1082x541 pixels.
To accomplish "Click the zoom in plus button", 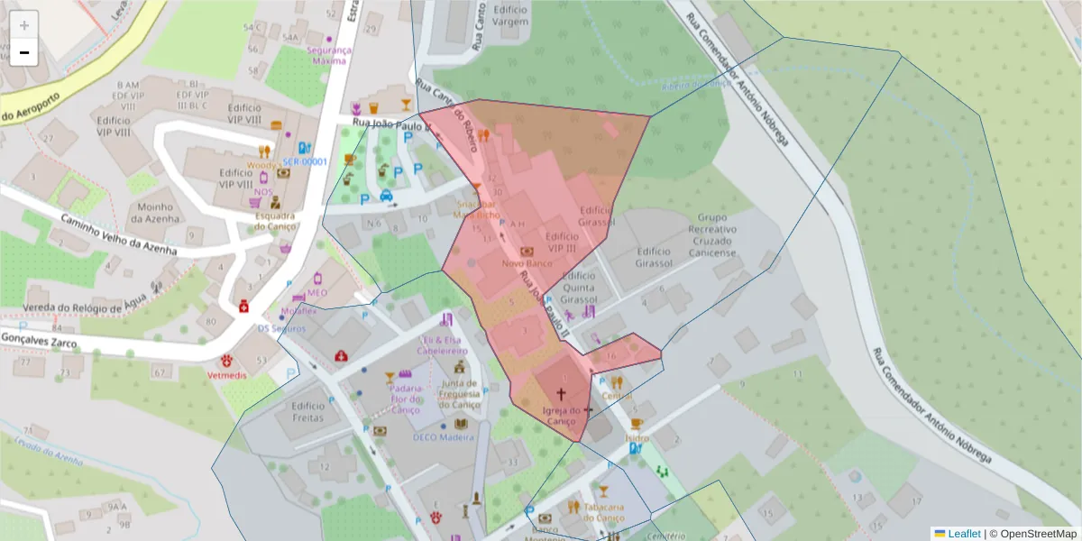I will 24,25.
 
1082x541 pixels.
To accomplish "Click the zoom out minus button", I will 24,52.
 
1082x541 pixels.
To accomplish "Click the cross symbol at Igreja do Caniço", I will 561,394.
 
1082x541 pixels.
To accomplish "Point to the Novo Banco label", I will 527,263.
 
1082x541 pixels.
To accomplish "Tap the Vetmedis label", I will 224,373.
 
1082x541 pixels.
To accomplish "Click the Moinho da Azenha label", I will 156,212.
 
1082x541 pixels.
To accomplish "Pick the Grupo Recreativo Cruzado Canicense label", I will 712,235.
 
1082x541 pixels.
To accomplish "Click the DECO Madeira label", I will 443,437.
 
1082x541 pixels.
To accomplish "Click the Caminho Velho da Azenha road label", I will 117,234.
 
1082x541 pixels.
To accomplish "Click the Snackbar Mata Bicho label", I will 476,210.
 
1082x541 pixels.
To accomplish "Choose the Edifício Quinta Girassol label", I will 579,288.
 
